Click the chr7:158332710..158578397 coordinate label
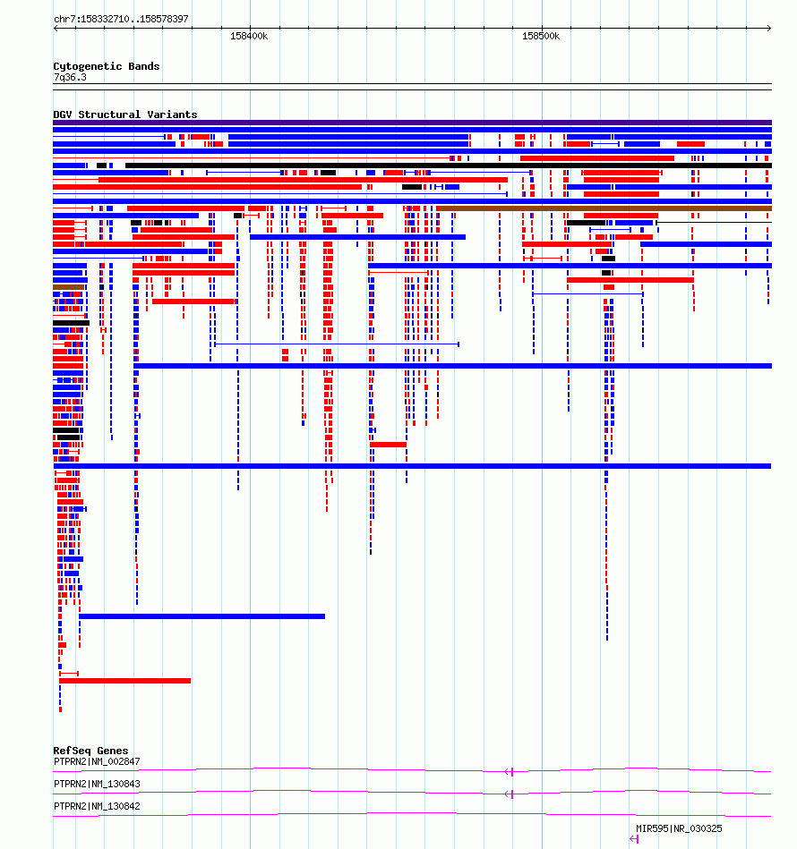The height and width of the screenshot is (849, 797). click(121, 19)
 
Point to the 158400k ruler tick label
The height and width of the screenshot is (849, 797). click(249, 37)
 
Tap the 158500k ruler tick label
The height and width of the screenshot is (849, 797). click(541, 37)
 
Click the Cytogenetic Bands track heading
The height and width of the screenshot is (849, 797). click(107, 66)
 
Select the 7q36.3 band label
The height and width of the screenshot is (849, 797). click(70, 77)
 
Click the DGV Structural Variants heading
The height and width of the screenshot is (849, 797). click(125, 115)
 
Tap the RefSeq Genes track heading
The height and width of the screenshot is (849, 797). click(90, 751)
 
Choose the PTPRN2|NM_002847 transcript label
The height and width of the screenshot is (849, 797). click(97, 761)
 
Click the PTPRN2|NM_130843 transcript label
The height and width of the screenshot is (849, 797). click(97, 784)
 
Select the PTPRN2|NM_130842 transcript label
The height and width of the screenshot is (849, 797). click(97, 806)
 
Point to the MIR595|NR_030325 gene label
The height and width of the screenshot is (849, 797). click(679, 828)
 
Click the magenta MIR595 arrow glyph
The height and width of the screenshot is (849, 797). click(634, 839)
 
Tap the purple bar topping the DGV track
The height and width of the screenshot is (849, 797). click(412, 123)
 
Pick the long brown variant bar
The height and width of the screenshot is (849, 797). click(604, 208)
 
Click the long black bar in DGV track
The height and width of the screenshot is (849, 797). click(449, 166)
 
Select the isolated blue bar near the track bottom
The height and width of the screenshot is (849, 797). click(201, 616)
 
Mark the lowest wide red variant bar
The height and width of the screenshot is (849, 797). click(124, 681)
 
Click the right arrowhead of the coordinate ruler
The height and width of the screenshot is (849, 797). click(770, 28)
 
